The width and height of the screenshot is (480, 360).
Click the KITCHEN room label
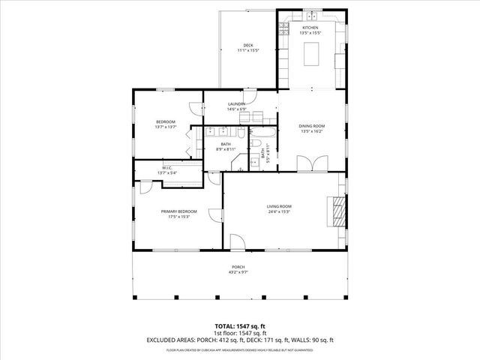click(x=310, y=28)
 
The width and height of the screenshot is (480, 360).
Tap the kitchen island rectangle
click(x=312, y=55)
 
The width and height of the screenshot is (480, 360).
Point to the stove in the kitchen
click(x=284, y=29)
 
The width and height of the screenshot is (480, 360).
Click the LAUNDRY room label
click(x=237, y=104)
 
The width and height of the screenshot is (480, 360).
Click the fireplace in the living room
click(x=339, y=211)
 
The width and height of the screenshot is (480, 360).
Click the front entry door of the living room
click(x=238, y=242)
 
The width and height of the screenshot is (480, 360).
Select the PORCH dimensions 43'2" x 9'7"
click(x=238, y=272)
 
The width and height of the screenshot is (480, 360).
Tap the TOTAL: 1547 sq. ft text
click(x=240, y=325)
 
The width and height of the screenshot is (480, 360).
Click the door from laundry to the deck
click(x=254, y=94)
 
